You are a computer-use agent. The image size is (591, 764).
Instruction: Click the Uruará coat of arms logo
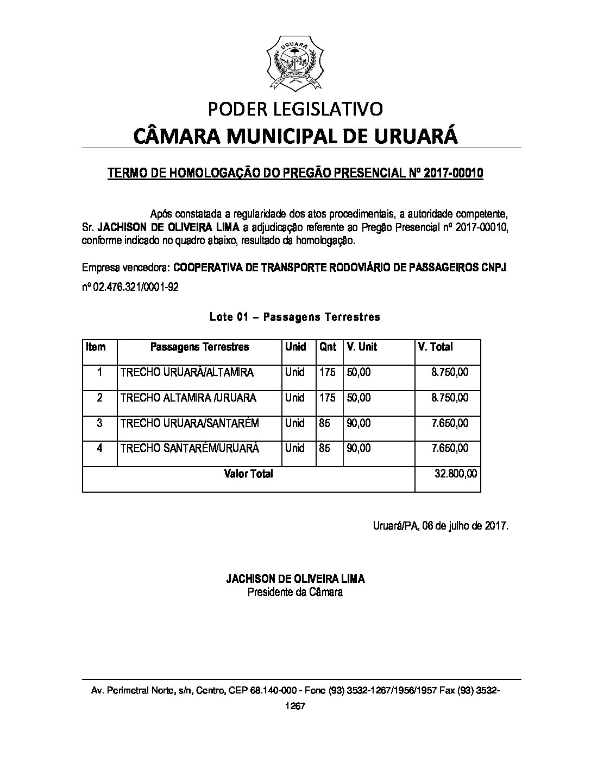click(x=295, y=63)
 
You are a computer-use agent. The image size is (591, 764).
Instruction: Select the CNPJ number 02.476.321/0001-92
click(x=135, y=287)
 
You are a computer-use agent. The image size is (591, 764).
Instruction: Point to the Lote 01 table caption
click(x=295, y=317)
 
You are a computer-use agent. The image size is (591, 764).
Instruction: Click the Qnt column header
click(x=328, y=347)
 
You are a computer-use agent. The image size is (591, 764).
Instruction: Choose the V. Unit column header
click(x=362, y=347)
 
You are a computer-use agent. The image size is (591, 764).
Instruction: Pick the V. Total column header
click(x=435, y=347)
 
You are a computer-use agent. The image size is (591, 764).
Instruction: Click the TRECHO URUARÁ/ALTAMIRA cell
click(x=187, y=373)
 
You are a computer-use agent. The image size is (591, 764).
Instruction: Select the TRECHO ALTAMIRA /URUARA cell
click(x=188, y=398)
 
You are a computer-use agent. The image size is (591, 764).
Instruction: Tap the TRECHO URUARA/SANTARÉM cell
click(x=190, y=423)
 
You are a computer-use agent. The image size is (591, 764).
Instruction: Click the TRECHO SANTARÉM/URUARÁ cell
click(x=190, y=448)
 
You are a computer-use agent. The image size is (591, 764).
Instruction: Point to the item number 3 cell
click(x=99, y=423)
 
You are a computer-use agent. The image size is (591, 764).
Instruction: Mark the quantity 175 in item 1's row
click(x=328, y=373)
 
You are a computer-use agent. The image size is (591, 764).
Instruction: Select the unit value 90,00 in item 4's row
click(x=359, y=448)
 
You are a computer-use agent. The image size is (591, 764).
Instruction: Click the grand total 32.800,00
click(x=456, y=474)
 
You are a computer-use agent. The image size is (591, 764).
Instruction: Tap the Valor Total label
click(x=248, y=474)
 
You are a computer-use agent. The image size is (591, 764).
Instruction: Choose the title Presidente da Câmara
click(x=295, y=592)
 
